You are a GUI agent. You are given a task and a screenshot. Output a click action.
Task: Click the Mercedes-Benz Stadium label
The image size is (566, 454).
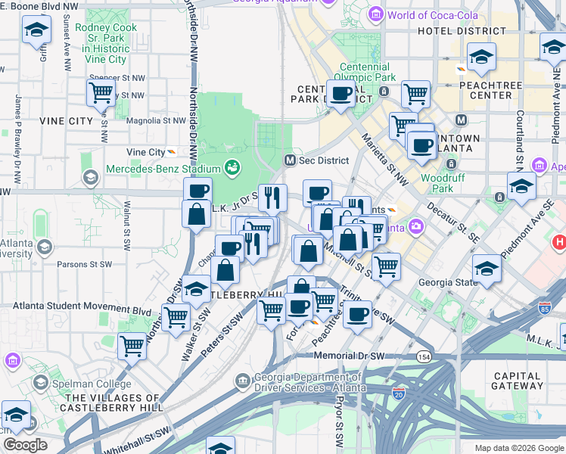163,168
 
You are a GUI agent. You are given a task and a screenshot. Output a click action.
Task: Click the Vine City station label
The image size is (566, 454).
145,152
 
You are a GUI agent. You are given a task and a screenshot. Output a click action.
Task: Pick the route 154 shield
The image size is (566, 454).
424,356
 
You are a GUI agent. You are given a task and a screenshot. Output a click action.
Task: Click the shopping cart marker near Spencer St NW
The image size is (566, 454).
101,94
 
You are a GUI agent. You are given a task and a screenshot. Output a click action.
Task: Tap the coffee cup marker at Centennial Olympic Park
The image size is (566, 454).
342,94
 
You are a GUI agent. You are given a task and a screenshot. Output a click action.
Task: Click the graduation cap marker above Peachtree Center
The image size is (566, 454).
481,56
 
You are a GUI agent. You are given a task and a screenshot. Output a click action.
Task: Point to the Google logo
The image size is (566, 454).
25,445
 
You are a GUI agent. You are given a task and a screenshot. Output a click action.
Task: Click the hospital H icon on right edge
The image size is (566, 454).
560,243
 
